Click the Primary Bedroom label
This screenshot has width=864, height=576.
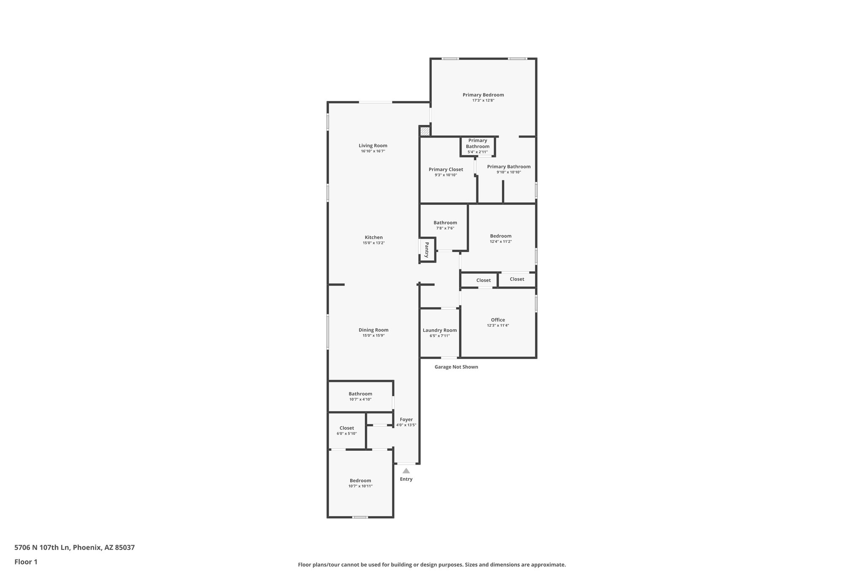pos(483,95)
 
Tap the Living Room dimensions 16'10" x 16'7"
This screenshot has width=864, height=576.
pos(373,151)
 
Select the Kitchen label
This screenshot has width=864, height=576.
pos(374,237)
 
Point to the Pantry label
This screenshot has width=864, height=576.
pos(427,250)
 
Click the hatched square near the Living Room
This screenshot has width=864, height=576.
pos(425,131)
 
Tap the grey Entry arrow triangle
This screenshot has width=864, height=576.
pos(406,471)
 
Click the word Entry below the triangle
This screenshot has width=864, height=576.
pos(406,479)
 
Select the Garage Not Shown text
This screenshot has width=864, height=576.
pos(456,367)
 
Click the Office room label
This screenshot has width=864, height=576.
pos(498,320)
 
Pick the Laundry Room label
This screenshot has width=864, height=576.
pos(440,330)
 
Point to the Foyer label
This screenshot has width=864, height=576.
pos(406,419)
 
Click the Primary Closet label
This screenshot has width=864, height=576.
pos(446,170)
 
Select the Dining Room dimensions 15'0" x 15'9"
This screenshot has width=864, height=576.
pos(373,335)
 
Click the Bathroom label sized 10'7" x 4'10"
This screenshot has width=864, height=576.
pos(360,394)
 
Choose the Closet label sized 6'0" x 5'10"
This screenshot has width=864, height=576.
pos(347,428)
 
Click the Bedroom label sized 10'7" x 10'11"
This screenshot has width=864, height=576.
pos(360,481)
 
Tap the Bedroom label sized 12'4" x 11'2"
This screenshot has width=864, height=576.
pos(501,236)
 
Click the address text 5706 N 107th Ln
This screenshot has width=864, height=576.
pos(42,547)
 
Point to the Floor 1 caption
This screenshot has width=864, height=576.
pos(26,562)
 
